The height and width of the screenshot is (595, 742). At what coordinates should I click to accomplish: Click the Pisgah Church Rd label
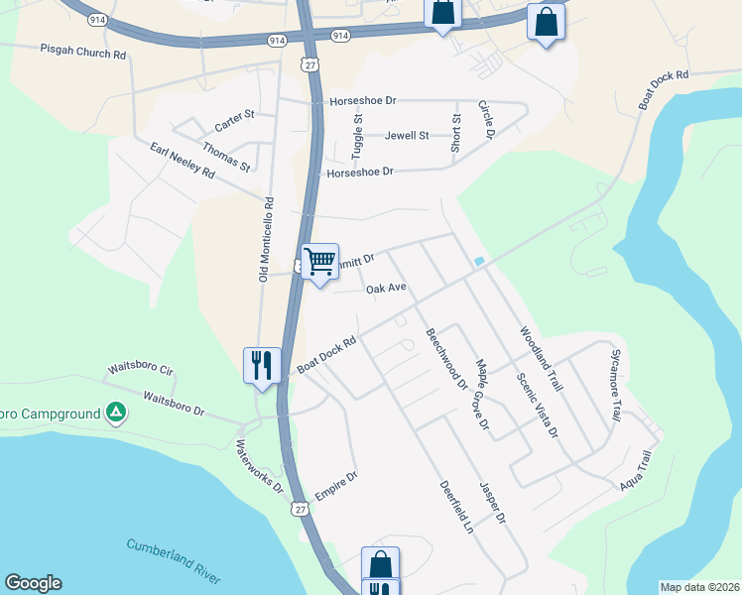pos(83,51)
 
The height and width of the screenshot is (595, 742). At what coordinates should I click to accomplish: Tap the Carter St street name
pos(235,121)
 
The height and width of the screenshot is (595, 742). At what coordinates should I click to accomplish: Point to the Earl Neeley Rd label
pos(183,161)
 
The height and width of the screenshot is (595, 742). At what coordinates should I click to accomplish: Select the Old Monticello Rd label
pos(265,238)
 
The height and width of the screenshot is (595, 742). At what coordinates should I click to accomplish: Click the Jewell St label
pos(407,136)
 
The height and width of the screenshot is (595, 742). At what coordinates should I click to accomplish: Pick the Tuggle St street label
pos(358,136)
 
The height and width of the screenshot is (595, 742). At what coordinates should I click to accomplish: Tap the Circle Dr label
pos(486,119)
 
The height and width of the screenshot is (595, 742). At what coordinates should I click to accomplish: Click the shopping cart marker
pos(319,263)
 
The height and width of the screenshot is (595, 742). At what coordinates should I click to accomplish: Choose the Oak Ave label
pos(387,289)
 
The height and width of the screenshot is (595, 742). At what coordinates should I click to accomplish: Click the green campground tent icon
pos(116,412)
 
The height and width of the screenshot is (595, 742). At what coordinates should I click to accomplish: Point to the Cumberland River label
pos(174,560)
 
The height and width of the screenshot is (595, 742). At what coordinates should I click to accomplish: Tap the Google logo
pos(33,583)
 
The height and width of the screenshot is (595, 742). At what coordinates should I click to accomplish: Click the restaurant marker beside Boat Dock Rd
pos(260,364)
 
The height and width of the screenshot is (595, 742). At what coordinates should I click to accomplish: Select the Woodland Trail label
pos(540,360)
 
